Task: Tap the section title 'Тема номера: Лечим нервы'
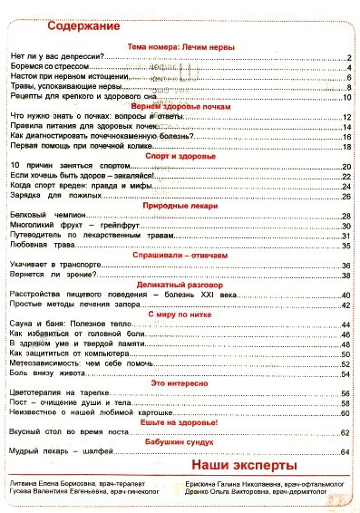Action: [x=180, y=46]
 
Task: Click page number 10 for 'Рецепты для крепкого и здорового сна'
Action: [x=346, y=96]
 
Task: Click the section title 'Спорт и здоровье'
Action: [x=180, y=156]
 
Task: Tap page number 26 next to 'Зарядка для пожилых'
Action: [x=346, y=196]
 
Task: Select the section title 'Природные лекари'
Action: [x=180, y=206]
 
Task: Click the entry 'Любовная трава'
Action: [x=41, y=246]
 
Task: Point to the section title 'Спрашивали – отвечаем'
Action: [x=180, y=256]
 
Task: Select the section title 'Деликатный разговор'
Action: [x=180, y=286]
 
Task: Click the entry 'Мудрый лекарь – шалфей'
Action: [x=63, y=451]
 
